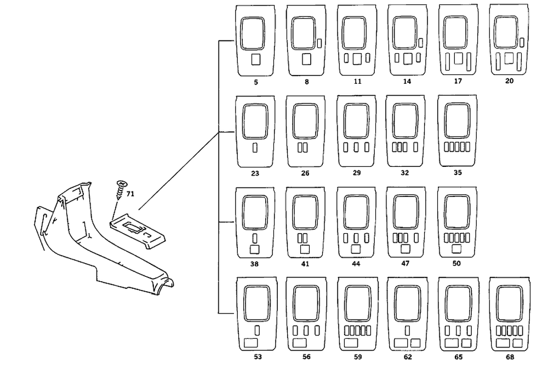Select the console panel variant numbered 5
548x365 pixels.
(x=255, y=41)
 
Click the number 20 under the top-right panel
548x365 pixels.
(x=509, y=81)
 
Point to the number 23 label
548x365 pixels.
(x=255, y=173)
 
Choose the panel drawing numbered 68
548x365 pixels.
(x=509, y=314)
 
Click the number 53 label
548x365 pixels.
(x=256, y=356)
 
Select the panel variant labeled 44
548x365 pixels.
(x=356, y=223)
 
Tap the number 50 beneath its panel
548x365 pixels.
(x=456, y=264)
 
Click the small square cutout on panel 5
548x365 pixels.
(x=255, y=59)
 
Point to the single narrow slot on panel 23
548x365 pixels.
(x=255, y=148)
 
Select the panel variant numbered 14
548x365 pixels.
(x=407, y=41)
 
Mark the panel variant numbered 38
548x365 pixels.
(x=255, y=223)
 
